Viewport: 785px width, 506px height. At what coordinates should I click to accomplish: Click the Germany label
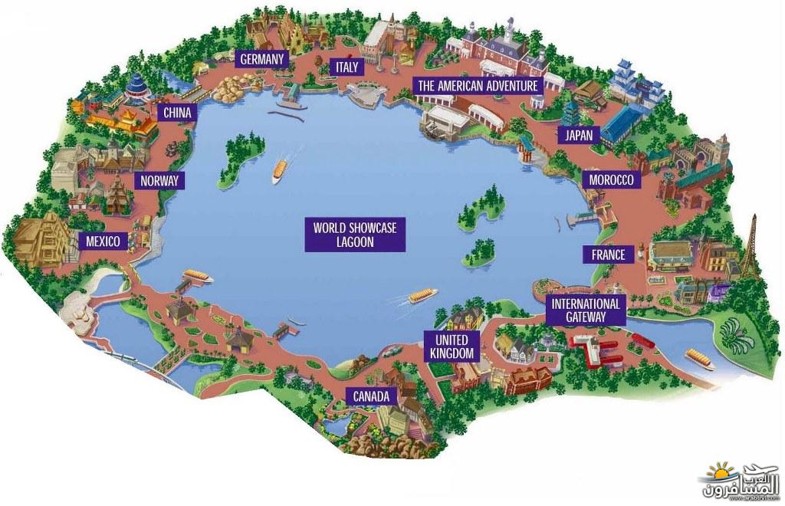tap(261, 59)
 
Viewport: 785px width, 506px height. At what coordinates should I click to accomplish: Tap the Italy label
tap(347, 67)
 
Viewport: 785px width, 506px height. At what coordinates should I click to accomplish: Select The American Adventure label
tap(478, 86)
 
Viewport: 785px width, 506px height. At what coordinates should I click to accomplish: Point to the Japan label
tap(579, 135)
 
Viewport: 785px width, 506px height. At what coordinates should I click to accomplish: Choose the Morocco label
tap(611, 179)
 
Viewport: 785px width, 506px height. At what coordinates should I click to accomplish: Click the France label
tap(608, 255)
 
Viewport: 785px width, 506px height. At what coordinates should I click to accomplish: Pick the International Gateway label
tap(585, 310)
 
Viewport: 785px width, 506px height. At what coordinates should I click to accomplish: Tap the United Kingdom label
tap(451, 347)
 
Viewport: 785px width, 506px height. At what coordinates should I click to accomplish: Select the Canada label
tap(371, 396)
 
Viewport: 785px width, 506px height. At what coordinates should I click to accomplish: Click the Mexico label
tap(103, 242)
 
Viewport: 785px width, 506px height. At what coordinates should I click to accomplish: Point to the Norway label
tap(159, 180)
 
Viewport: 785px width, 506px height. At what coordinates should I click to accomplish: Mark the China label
tap(177, 113)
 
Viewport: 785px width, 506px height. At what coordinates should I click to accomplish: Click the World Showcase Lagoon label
tap(355, 235)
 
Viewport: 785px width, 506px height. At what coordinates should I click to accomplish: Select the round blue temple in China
tap(136, 90)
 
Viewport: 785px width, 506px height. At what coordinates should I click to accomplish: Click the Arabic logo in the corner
tap(742, 481)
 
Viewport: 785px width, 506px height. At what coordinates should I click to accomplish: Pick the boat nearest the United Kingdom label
tap(423, 295)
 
